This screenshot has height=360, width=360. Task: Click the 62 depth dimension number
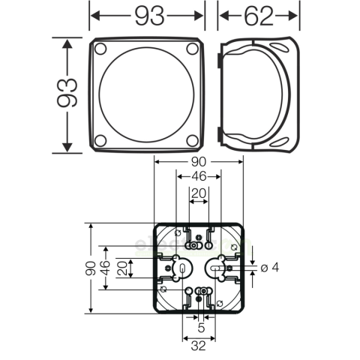pyautogui.click(x=259, y=14)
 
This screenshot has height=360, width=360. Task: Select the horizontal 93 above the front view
pyautogui.click(x=147, y=14)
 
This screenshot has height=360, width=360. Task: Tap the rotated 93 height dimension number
pyautogui.click(x=68, y=93)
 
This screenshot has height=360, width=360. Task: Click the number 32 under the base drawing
pyautogui.click(x=198, y=346)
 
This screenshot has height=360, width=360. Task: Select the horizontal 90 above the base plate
pyautogui.click(x=198, y=161)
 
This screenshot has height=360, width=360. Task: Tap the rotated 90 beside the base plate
pyautogui.click(x=90, y=268)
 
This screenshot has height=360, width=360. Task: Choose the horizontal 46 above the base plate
pyautogui.click(x=198, y=177)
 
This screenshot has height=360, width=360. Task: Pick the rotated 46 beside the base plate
pyautogui.click(x=106, y=268)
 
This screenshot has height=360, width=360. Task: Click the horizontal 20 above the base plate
pyautogui.click(x=198, y=193)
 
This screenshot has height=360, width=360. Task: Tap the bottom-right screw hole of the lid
pyautogui.click(x=191, y=140)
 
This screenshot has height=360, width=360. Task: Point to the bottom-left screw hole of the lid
pyautogui.click(x=101, y=140)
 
